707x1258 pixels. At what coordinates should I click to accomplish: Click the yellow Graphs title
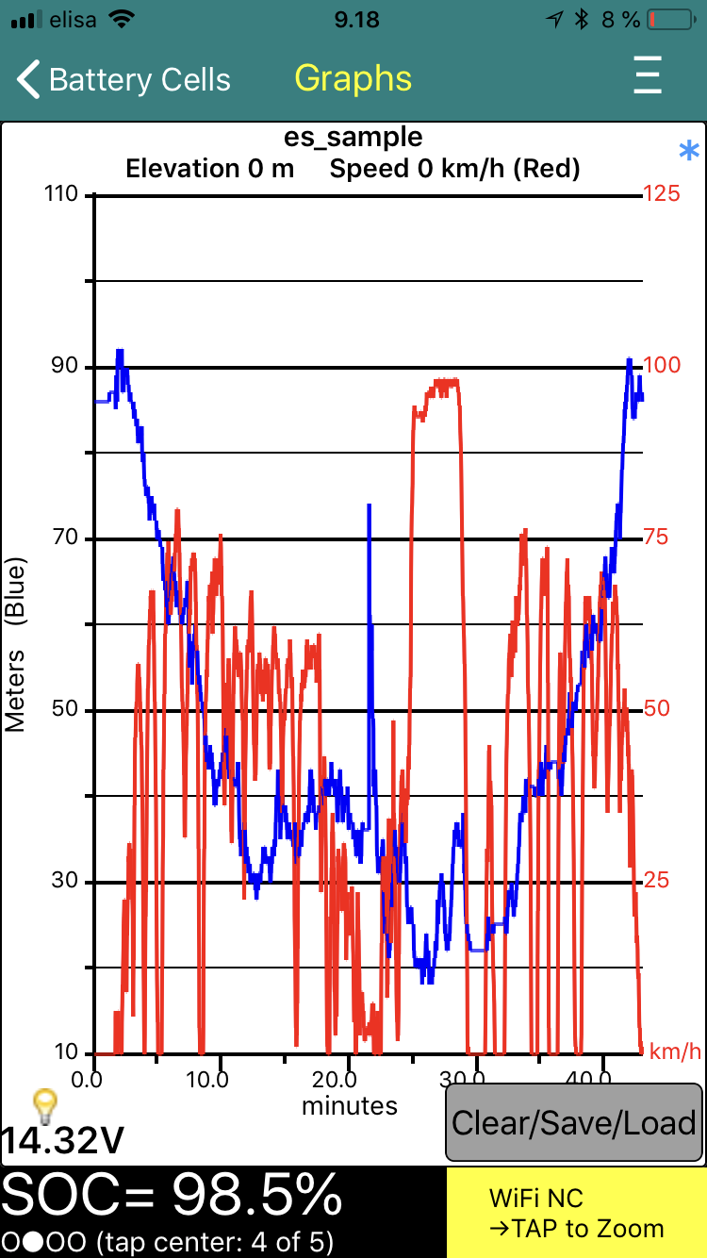(353, 78)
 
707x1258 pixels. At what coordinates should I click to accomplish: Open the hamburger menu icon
(648, 75)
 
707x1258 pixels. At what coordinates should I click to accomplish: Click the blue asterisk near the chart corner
(690, 151)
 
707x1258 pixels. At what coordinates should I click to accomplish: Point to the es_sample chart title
(353, 138)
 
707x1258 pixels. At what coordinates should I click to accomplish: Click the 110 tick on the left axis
(65, 195)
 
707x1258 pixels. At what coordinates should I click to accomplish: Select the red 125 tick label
(662, 194)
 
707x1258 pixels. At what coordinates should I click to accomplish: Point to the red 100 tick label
(662, 366)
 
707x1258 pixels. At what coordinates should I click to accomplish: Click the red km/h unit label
(676, 1051)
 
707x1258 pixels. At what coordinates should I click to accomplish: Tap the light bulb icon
(44, 1101)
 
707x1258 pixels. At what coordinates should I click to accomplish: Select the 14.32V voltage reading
(62, 1141)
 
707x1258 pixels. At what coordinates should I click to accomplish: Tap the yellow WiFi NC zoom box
(576, 1213)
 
